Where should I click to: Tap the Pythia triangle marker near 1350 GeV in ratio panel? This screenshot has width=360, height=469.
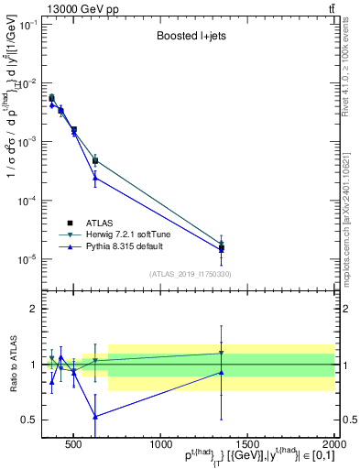[x=221, y=372]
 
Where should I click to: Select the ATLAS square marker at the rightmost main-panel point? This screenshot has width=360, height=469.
[x=221, y=247]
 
